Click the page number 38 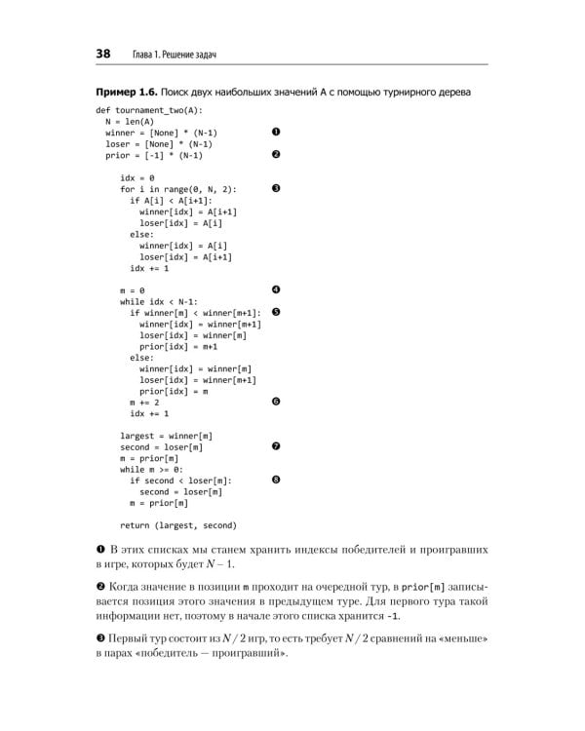point(102,53)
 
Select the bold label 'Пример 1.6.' point(129,92)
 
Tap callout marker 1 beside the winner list point(276,132)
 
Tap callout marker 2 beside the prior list point(276,154)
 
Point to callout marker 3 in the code point(276,188)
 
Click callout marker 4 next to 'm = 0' point(276,289)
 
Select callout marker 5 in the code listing point(276,312)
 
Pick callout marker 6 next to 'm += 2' point(276,402)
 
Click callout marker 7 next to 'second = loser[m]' point(276,446)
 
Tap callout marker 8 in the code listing point(276,480)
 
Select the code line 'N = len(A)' point(133,121)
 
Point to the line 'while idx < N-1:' point(159,301)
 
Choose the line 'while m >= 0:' point(152,469)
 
